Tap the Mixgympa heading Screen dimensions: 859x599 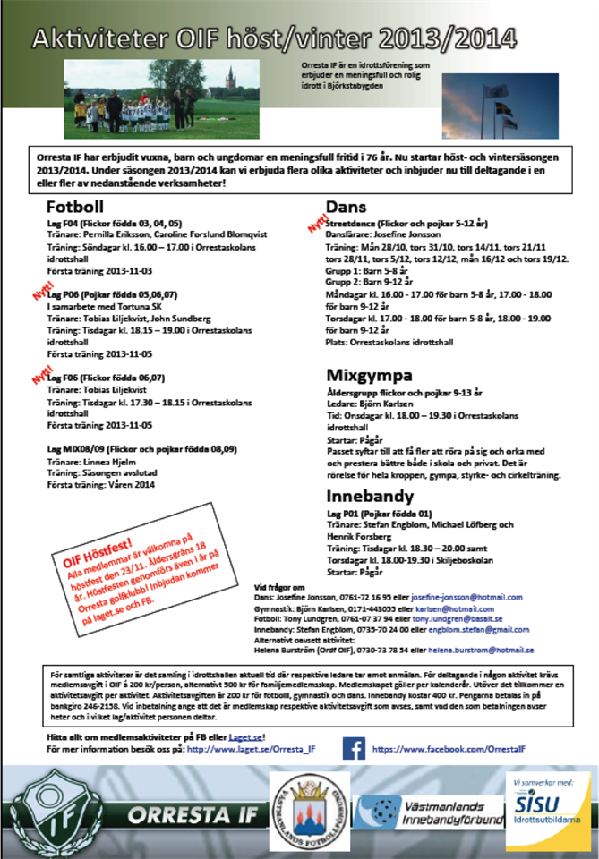coord(369,375)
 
